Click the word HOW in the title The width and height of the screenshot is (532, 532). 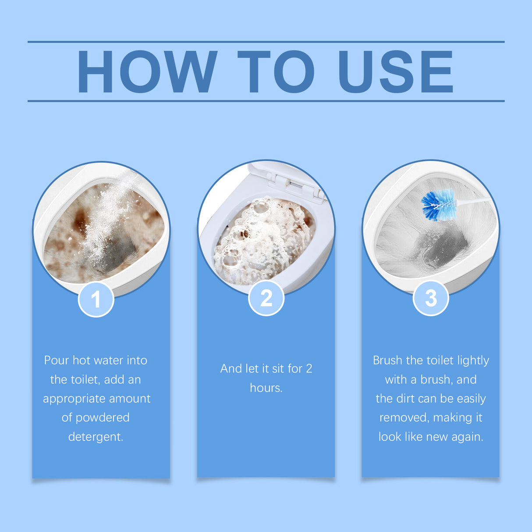[x=147, y=72]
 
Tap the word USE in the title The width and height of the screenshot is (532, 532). [x=395, y=72]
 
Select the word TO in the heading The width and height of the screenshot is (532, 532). [x=276, y=72]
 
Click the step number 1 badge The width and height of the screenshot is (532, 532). [x=96, y=300]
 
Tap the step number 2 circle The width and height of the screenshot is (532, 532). [x=266, y=298]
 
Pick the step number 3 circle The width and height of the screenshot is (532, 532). [x=431, y=298]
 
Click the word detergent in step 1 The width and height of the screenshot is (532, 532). [x=96, y=437]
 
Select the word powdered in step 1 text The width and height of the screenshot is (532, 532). [x=103, y=418]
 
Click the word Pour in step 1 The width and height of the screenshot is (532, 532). [x=57, y=360]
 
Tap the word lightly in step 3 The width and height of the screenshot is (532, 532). [x=473, y=360]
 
